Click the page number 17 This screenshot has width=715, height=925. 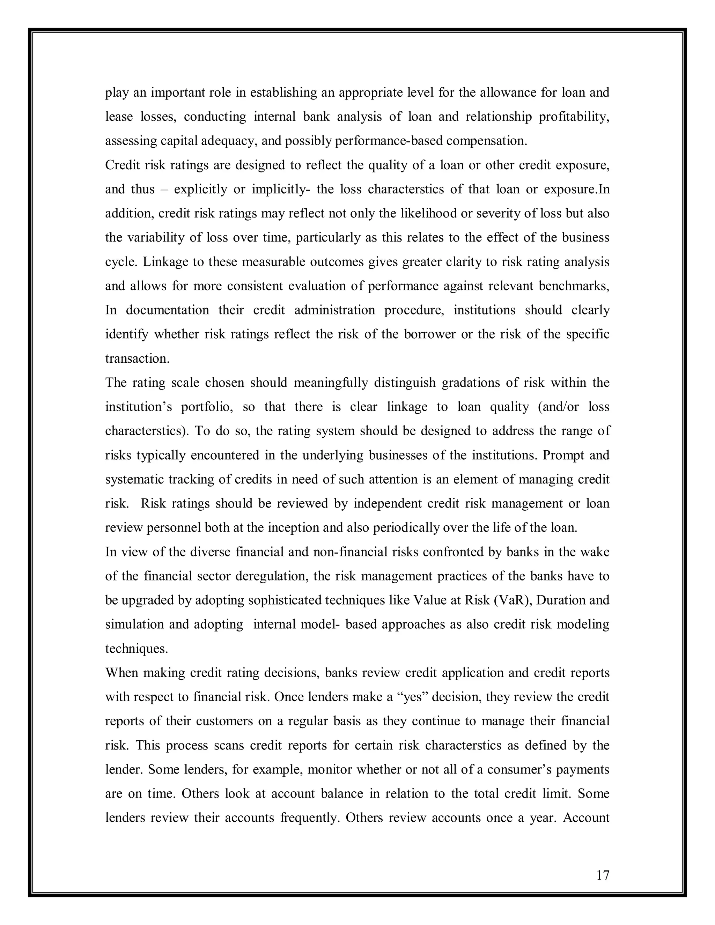(x=602, y=875)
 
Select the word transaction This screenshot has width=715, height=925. (x=137, y=359)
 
